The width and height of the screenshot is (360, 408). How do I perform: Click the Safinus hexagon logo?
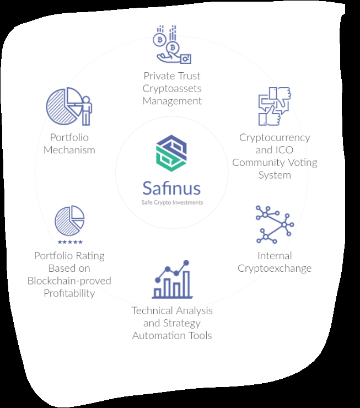[x=171, y=153]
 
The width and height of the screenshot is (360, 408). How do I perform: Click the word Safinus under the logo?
[x=171, y=188]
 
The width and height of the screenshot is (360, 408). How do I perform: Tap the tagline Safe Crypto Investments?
[x=172, y=202]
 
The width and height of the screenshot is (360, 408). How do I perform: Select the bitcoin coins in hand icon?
[x=172, y=45]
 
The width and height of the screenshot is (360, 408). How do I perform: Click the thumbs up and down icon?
[x=275, y=106]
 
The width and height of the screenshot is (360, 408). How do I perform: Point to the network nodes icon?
[x=275, y=224]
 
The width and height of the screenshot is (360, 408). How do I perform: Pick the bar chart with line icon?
[x=172, y=279]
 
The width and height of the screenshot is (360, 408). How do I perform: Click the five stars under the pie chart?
[x=70, y=242]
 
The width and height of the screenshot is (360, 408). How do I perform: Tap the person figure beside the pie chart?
[x=86, y=111]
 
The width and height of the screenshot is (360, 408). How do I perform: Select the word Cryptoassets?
[x=172, y=89]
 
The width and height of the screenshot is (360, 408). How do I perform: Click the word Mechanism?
[x=69, y=150]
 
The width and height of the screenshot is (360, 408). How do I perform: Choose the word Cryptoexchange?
[x=275, y=269]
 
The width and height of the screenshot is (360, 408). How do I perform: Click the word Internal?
[x=275, y=256]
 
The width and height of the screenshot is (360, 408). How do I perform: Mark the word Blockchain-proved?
[x=69, y=281]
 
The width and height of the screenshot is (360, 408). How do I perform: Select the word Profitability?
[x=69, y=293]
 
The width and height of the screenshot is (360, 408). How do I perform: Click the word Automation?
[x=159, y=336]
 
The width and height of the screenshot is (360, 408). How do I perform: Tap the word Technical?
[x=152, y=310]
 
